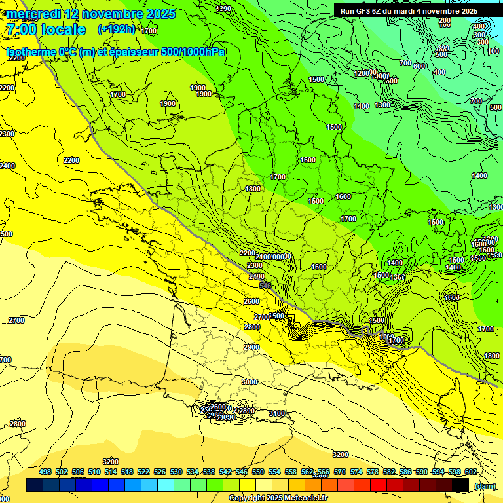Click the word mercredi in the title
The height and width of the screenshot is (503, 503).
click(x=33, y=14)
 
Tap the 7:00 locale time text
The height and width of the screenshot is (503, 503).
click(x=46, y=29)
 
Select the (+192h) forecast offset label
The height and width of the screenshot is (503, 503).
click(x=117, y=29)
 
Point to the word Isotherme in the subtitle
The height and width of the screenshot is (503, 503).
click(x=31, y=52)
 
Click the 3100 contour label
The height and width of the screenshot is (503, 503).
click(x=276, y=413)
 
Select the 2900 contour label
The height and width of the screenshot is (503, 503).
click(x=251, y=347)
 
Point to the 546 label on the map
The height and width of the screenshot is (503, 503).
click(x=265, y=286)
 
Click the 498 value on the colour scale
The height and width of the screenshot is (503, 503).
click(x=45, y=472)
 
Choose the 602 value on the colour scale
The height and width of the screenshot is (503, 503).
click(x=470, y=472)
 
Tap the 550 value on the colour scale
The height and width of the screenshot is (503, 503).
click(x=258, y=472)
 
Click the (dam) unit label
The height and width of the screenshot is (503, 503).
click(x=485, y=485)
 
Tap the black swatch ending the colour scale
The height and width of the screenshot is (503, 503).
click(x=460, y=485)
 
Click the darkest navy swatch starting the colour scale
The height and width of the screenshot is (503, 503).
click(x=35, y=485)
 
